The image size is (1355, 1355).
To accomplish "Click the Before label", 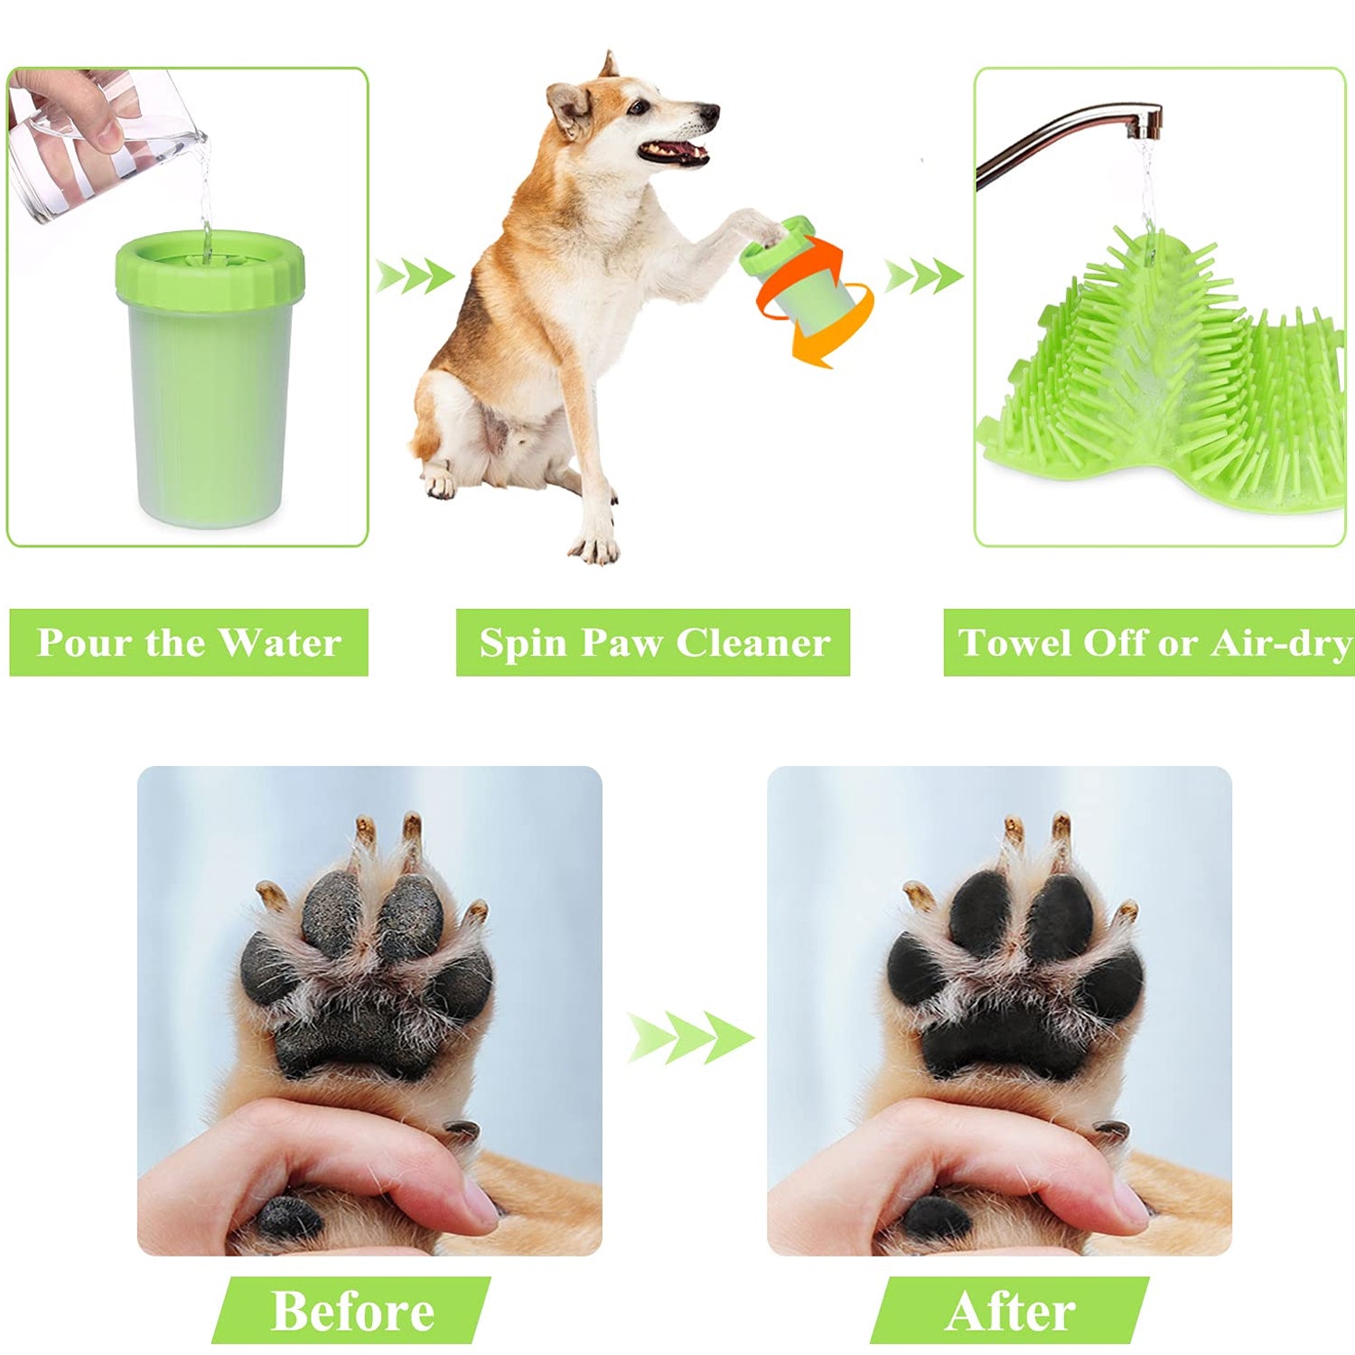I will (352, 1311).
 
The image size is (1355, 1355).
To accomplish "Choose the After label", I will (1010, 1311).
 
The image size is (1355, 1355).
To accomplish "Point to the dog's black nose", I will (710, 115).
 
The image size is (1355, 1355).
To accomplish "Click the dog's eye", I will (639, 107).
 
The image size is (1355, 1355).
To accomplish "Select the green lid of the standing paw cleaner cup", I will (210, 266).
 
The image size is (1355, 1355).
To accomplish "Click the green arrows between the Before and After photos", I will (691, 1037).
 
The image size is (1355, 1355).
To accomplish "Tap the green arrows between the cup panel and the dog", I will (415, 276).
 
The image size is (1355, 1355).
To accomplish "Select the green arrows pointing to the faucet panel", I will (923, 276).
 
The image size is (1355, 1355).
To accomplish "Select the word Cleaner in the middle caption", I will (752, 643).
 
